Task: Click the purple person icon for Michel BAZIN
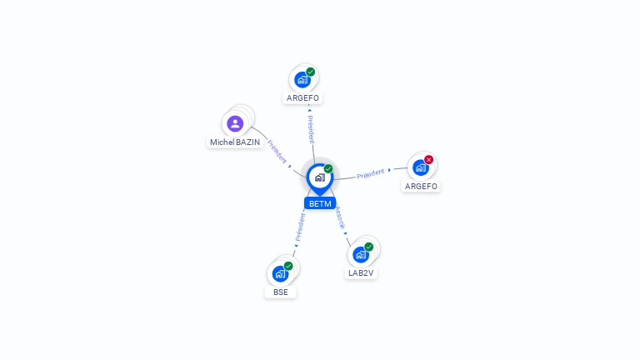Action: [x=235, y=123]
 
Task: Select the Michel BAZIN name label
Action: [x=235, y=142]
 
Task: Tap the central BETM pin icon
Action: [x=319, y=177]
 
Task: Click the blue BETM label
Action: [x=320, y=203]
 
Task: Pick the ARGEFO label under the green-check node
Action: [x=302, y=98]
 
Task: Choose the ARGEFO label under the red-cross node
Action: [x=421, y=187]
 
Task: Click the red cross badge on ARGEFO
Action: [x=428, y=159]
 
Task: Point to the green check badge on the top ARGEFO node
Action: [x=310, y=72]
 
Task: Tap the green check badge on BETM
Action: [x=328, y=168]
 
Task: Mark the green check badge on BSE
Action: [x=288, y=266]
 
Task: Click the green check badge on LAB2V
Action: [x=368, y=247]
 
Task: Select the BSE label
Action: [x=281, y=292]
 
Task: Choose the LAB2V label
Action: [x=362, y=273]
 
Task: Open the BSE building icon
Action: [x=280, y=273]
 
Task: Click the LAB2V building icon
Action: [x=360, y=254]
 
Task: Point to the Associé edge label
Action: [x=340, y=218]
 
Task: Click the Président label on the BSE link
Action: [x=300, y=227]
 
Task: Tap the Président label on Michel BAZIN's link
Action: [x=277, y=151]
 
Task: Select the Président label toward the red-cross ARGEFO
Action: [x=370, y=173]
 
